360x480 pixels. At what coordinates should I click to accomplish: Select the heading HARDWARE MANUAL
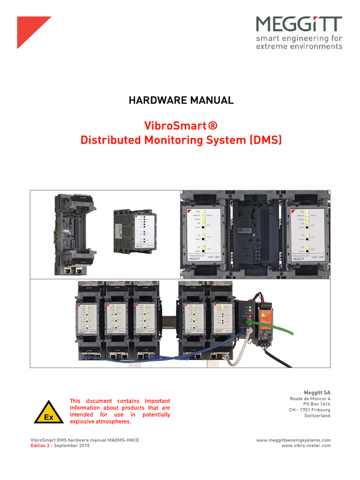[180, 100]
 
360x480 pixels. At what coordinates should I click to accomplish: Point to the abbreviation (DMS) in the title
[265, 140]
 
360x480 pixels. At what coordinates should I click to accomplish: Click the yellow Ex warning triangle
[47, 412]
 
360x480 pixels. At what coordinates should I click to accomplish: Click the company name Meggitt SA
[317, 392]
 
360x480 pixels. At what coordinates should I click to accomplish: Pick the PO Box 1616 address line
[317, 404]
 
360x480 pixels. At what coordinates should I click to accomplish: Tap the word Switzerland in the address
[317, 415]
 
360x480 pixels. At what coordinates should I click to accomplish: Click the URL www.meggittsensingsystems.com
[293, 440]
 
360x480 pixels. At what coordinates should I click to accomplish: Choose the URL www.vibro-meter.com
[306, 446]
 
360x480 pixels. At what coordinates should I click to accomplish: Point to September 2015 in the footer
[72, 446]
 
